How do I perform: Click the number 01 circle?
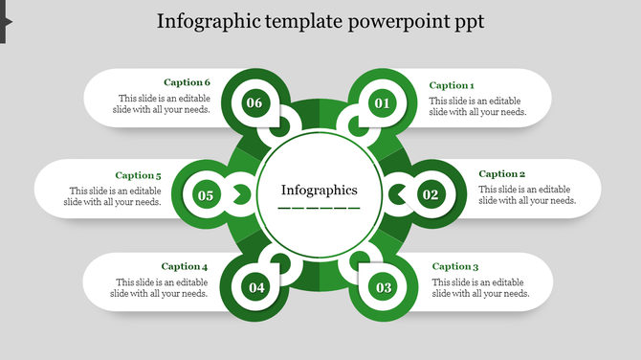click(x=382, y=103)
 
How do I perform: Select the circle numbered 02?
click(x=431, y=195)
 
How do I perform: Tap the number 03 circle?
click(x=384, y=287)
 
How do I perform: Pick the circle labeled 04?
click(x=255, y=287)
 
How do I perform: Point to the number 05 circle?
click(x=206, y=196)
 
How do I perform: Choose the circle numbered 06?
click(x=254, y=103)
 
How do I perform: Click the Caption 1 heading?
click(x=451, y=85)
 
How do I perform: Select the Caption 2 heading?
click(x=501, y=174)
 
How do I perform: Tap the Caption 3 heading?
click(x=454, y=266)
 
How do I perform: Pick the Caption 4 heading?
click(x=185, y=266)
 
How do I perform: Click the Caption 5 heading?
click(x=138, y=175)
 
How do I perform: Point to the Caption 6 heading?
click(x=187, y=82)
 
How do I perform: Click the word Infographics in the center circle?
click(x=319, y=190)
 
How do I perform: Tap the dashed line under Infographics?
click(x=319, y=207)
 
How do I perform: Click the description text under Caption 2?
click(x=527, y=195)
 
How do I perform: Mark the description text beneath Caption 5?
click(x=113, y=196)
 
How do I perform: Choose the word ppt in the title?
click(x=468, y=22)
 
